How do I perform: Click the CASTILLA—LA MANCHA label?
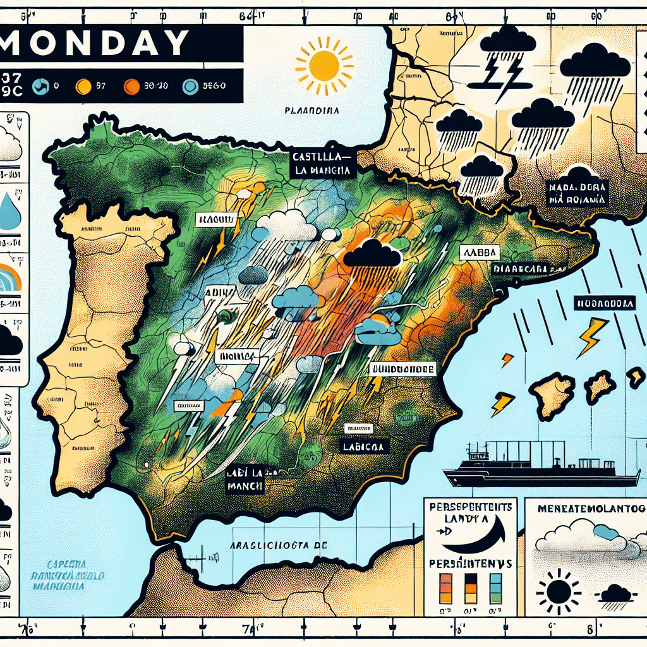322,163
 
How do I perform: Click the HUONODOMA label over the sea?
604,303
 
